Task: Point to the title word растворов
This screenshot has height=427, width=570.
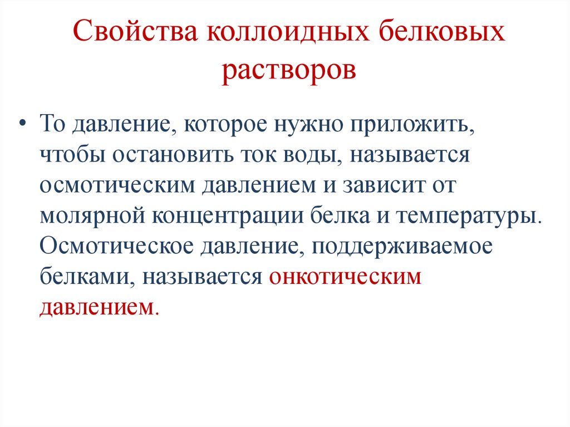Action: pyautogui.click(x=288, y=73)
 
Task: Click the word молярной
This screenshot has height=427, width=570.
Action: pyautogui.click(x=86, y=215)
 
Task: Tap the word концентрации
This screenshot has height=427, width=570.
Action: pyautogui.click(x=214, y=215)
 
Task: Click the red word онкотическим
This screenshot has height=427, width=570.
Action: pyautogui.click(x=345, y=276)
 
